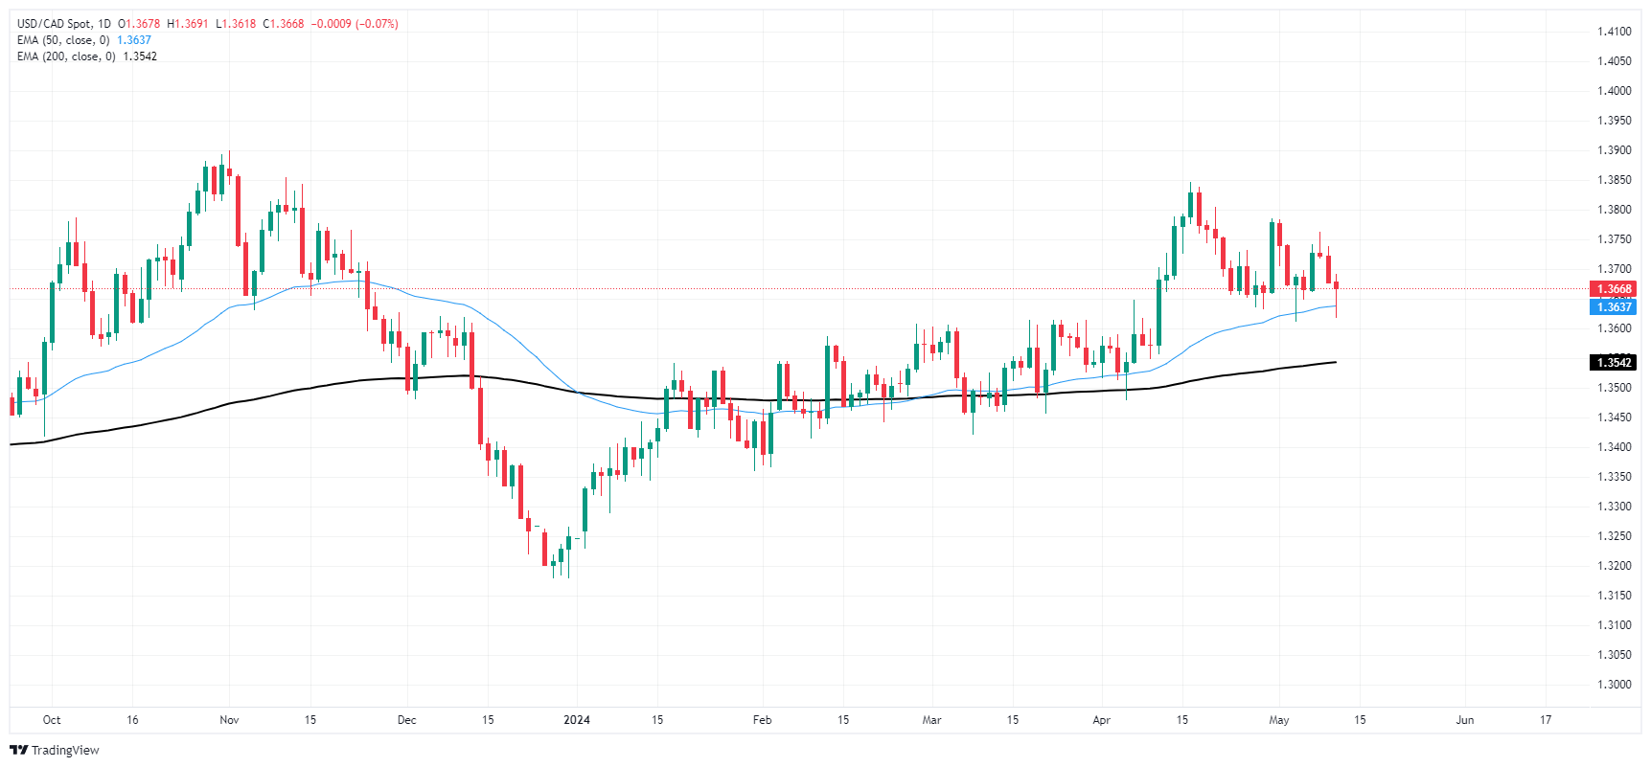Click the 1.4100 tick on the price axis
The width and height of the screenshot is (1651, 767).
pyautogui.click(x=1614, y=32)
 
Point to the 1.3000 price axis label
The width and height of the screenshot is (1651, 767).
pyautogui.click(x=1614, y=685)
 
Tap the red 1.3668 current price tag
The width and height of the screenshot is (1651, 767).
pyautogui.click(x=1613, y=289)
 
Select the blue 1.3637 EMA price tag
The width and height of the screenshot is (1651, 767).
pyautogui.click(x=1613, y=307)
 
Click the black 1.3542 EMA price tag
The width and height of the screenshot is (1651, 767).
pyautogui.click(x=1613, y=363)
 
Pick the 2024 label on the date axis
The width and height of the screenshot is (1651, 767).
pyautogui.click(x=577, y=720)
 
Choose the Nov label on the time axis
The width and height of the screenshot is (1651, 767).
pyautogui.click(x=229, y=720)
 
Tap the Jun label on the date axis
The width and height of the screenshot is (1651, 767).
pyautogui.click(x=1464, y=720)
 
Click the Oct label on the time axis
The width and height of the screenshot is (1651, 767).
pyautogui.click(x=52, y=720)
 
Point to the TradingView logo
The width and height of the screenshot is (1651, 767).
pyautogui.click(x=55, y=751)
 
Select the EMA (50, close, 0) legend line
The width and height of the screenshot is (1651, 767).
pyautogui.click(x=63, y=40)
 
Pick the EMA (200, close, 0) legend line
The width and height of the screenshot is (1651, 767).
pyautogui.click(x=66, y=56)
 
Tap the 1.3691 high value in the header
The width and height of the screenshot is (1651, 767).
pyautogui.click(x=191, y=24)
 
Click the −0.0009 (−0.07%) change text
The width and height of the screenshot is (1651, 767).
pyautogui.click(x=355, y=24)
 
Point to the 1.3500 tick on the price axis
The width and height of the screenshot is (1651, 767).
pyautogui.click(x=1614, y=388)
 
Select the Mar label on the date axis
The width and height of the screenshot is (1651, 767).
pyautogui.click(x=931, y=720)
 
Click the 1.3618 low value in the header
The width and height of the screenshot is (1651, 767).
pyautogui.click(x=239, y=24)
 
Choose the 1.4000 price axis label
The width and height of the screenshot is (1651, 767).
pyautogui.click(x=1614, y=91)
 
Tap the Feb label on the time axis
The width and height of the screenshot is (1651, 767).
pyautogui.click(x=763, y=720)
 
